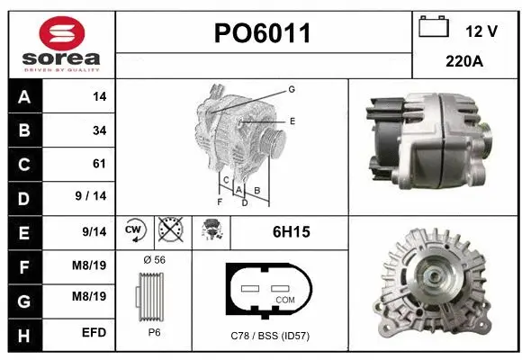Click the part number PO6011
(263, 34)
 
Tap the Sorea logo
(59, 43)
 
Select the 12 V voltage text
(481, 31)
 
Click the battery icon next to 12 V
(434, 27)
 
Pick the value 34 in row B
(99, 130)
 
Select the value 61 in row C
(99, 164)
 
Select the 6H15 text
(291, 232)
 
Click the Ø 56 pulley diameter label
(154, 260)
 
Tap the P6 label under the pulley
(154, 331)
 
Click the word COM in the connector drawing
(285, 299)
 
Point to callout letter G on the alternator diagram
(292, 89)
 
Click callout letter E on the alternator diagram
(292, 120)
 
